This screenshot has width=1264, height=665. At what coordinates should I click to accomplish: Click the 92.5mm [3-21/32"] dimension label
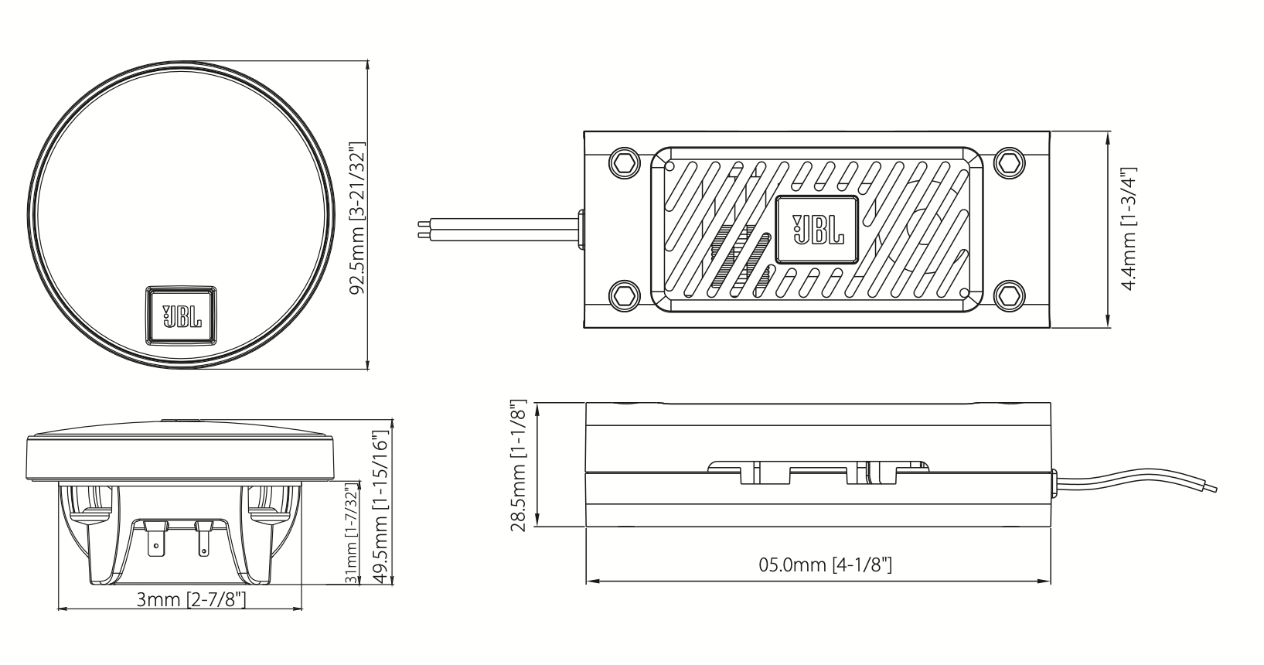pos(356,219)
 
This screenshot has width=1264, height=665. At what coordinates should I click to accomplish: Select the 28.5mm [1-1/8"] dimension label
pos(519,466)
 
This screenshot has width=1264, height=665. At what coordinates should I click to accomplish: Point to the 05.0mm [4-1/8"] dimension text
pos(825,565)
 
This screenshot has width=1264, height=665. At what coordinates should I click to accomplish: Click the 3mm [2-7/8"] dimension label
pos(191,599)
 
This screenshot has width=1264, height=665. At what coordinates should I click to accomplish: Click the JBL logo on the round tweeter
pos(182,315)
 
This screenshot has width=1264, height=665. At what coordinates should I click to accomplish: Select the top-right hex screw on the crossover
pos(1008,164)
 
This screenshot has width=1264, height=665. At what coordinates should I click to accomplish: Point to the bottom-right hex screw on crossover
pos(1008,295)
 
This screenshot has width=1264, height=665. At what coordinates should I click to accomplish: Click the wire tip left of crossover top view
pos(421,230)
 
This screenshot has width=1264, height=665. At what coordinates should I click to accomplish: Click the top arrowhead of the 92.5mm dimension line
pos(367,67)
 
